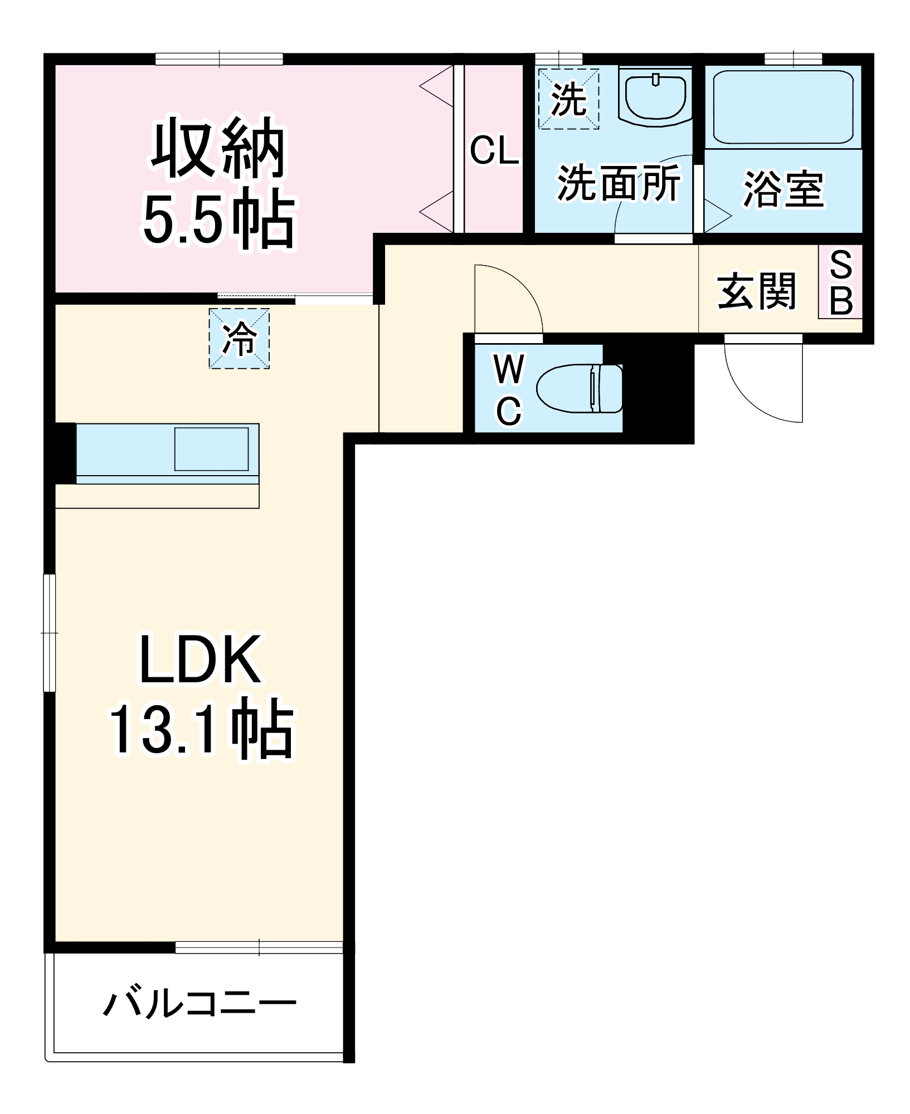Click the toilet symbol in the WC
(x=580, y=388)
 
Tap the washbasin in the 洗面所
(x=655, y=97)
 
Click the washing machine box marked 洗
(x=568, y=99)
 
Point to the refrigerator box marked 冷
(x=239, y=339)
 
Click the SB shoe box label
(x=841, y=282)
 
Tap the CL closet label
(x=494, y=150)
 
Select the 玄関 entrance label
(x=756, y=291)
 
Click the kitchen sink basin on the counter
(x=212, y=449)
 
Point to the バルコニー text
(x=199, y=1004)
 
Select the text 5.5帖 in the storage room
(x=218, y=218)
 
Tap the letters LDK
(x=199, y=659)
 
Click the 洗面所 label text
(x=619, y=183)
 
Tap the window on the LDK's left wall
(x=50, y=633)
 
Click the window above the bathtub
(x=793, y=59)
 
